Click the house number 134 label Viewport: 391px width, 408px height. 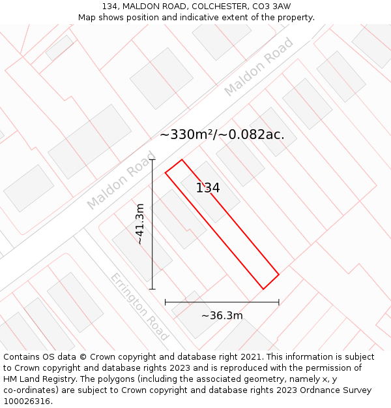click(x=208, y=188)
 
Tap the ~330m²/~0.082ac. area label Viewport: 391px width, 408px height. click(x=222, y=134)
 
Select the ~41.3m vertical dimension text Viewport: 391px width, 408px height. click(x=139, y=224)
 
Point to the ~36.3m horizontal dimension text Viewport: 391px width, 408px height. click(x=222, y=316)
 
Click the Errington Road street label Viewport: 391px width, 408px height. click(x=139, y=306)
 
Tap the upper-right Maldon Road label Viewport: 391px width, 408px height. click(x=259, y=67)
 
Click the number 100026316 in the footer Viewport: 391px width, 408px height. click(x=27, y=401)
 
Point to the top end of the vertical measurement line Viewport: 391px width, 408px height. click(x=152, y=159)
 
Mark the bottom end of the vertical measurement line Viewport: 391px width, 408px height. click(x=152, y=289)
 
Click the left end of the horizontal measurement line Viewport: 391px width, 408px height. click(x=166, y=302)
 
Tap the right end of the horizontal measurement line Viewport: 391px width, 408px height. click(x=279, y=302)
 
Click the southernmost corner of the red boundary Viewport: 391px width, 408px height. click(x=263, y=289)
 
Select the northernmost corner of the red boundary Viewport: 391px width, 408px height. click(x=182, y=159)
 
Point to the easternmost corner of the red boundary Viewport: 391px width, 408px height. click(x=279, y=275)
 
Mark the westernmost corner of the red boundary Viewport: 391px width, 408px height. click(x=166, y=172)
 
